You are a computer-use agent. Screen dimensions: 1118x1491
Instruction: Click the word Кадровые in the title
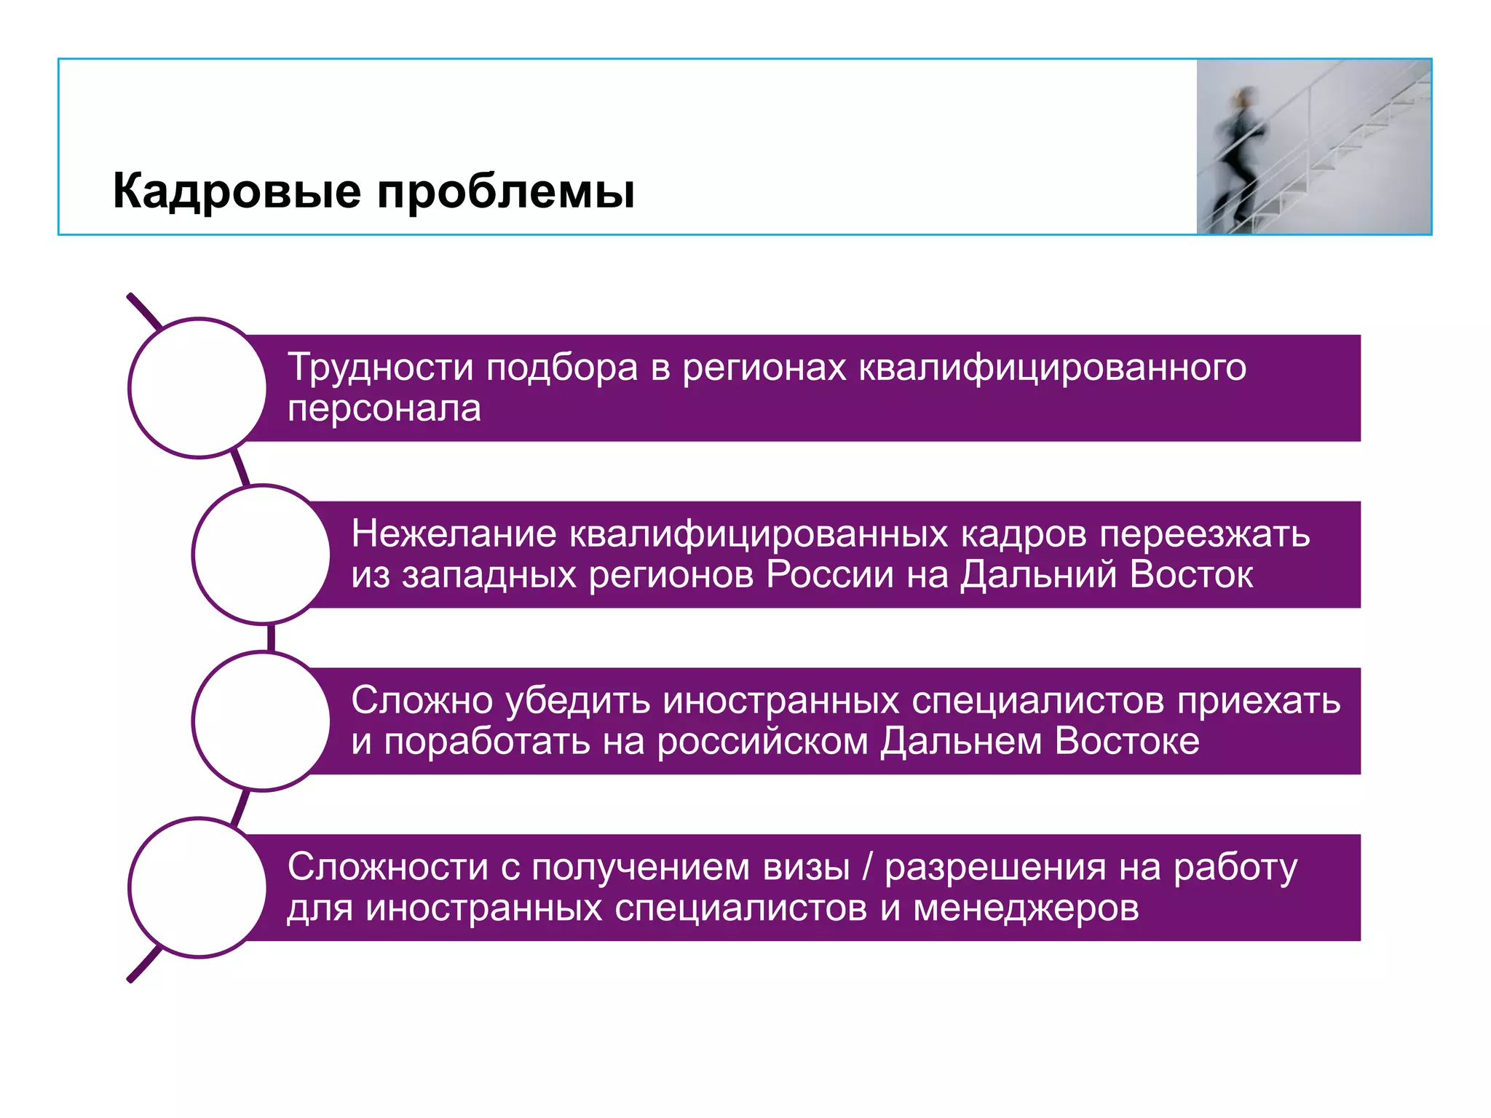[x=237, y=192]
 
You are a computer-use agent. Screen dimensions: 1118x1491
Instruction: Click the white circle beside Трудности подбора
[x=198, y=388]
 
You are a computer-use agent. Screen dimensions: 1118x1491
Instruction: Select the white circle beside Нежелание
[x=262, y=555]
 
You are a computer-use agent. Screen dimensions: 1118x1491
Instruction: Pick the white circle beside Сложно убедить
[x=262, y=721]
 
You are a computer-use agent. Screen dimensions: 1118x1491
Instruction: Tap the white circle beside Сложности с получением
[x=198, y=887]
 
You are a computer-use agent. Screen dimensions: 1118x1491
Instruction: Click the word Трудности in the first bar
[x=380, y=368]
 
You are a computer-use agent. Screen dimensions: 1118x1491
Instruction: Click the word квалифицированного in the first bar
[x=1052, y=368]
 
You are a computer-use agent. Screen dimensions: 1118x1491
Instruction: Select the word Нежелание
[x=454, y=534]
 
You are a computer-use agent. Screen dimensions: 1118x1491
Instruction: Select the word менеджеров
[x=1026, y=909]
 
